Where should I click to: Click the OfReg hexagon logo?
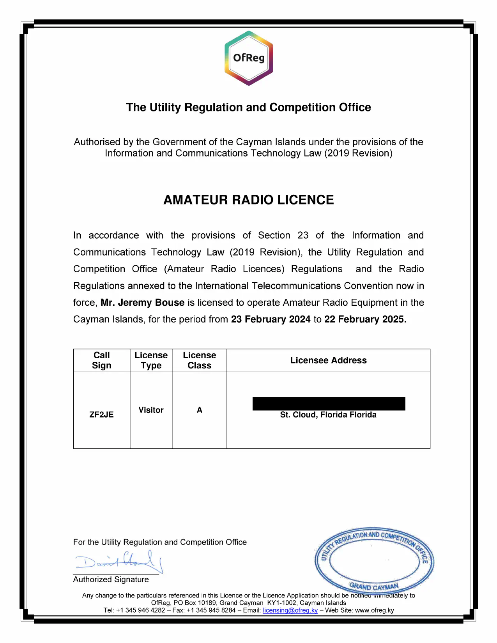tap(249, 58)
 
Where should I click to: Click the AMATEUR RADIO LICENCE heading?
tap(249, 200)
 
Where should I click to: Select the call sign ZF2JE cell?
tap(101, 414)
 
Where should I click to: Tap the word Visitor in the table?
tap(151, 410)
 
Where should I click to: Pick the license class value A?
tap(200, 410)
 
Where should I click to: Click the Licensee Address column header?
tap(328, 360)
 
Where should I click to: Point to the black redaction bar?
tap(329, 404)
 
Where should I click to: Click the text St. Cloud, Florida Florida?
tap(328, 415)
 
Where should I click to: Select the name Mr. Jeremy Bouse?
tap(142, 303)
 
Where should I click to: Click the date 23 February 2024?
tap(271, 319)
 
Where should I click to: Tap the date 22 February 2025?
tap(365, 319)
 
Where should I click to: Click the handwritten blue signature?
tap(119, 561)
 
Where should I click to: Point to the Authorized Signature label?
tap(111, 580)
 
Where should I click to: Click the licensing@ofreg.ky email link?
tap(290, 610)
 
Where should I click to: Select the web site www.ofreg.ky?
tap(374, 610)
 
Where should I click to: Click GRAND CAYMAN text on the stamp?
tap(374, 587)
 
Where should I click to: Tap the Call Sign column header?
tap(101, 360)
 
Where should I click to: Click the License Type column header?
tap(151, 360)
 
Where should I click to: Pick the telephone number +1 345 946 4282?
tap(140, 610)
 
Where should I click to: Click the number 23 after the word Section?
tap(303, 236)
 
